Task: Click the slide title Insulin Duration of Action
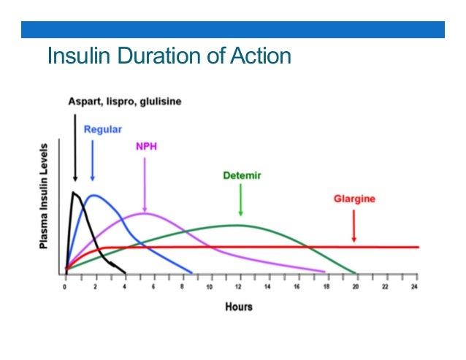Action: coord(169,56)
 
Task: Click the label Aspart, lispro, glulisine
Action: coord(125,102)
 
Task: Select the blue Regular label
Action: coord(103,129)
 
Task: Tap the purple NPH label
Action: coord(146,145)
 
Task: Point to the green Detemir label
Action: coord(242,176)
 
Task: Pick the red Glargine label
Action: coord(354,199)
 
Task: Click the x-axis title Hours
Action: coord(238,307)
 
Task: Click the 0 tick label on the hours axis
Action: coord(65,287)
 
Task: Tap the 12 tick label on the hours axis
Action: coord(240,287)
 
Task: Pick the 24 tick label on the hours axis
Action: coord(416,287)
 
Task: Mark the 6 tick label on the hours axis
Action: coord(153,287)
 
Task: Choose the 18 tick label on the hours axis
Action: coord(328,287)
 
